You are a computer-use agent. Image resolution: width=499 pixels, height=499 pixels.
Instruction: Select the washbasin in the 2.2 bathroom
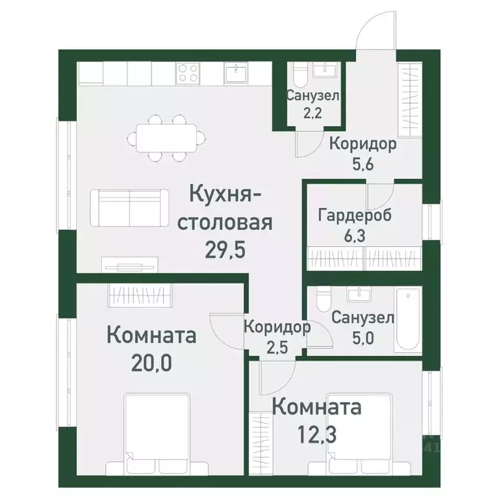pyautogui.click(x=320, y=71)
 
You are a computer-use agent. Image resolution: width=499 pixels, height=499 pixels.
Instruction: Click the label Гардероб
pyautogui.click(x=355, y=216)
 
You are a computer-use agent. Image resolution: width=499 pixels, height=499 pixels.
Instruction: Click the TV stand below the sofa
pyautogui.click(x=129, y=263)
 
